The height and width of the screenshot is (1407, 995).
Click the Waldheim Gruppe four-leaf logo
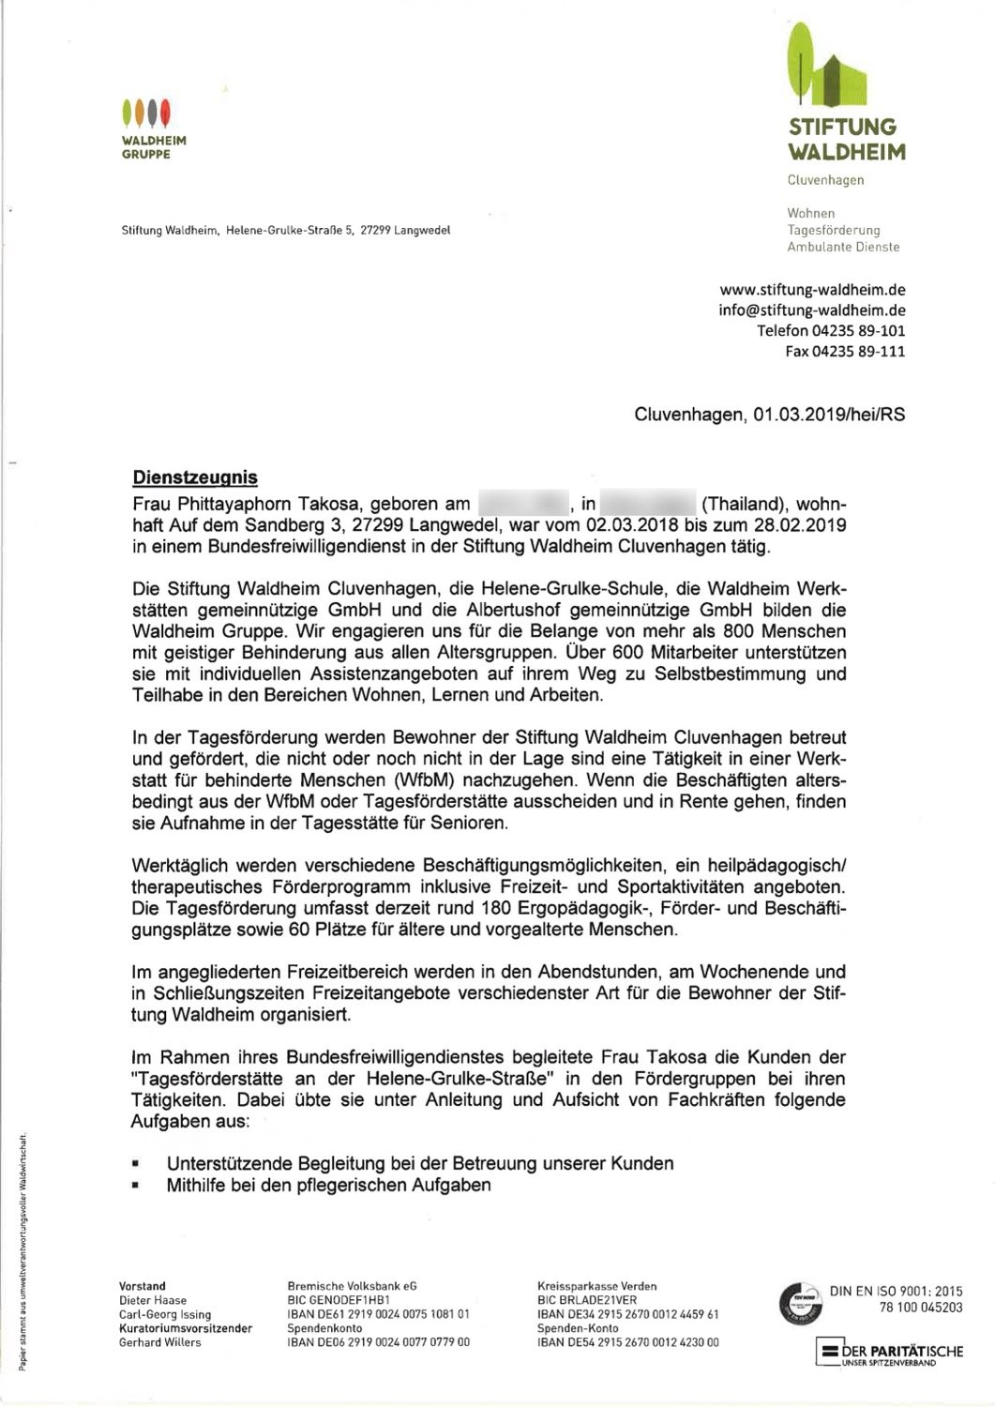146,113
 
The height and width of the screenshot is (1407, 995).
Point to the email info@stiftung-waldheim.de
812,310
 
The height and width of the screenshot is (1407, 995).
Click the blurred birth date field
524,504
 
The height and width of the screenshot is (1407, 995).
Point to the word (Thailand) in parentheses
748,504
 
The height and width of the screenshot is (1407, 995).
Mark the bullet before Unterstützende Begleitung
137,1163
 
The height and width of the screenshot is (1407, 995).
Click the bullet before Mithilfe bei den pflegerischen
137,1186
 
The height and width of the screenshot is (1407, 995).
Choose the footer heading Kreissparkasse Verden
596,1286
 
